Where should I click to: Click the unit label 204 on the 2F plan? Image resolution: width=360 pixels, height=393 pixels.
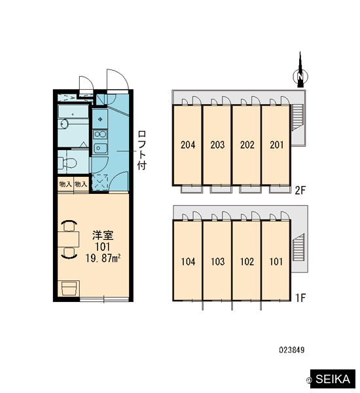(188, 145)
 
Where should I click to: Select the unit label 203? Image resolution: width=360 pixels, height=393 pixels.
(217, 145)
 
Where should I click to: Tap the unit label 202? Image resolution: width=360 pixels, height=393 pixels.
(247, 145)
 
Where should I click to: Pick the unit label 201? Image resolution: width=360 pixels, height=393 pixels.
(277, 145)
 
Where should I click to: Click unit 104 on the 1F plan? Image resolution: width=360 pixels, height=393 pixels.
(188, 261)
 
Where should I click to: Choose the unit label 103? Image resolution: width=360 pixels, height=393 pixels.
(217, 261)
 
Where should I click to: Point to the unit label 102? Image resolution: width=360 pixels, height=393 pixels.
(247, 261)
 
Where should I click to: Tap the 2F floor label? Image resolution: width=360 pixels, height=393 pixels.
(300, 191)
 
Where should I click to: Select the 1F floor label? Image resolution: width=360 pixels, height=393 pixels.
(300, 298)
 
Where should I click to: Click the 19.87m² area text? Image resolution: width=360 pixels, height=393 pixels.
(103, 258)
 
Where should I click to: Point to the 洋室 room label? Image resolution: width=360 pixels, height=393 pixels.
(103, 235)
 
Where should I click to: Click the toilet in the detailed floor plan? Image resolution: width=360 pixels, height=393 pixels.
(67, 163)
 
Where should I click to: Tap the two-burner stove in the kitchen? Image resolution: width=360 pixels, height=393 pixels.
(100, 134)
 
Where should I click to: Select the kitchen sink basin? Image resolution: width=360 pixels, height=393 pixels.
(100, 149)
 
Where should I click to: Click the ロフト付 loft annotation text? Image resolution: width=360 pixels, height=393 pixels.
(141, 150)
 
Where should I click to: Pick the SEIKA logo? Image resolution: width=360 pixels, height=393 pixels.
(333, 379)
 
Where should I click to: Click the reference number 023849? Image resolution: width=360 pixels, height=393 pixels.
(292, 350)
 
